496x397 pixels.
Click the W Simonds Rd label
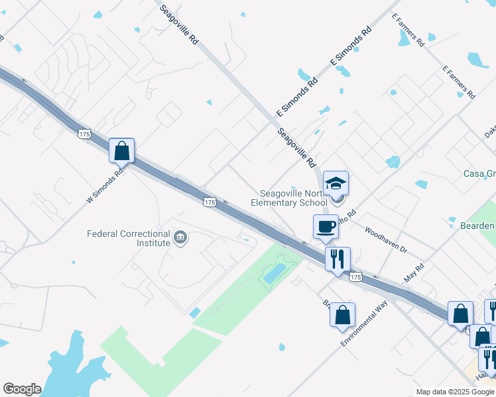pyautogui.click(x=105, y=187)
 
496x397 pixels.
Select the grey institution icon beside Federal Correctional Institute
pyautogui.click(x=179, y=236)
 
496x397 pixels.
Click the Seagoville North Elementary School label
pyautogui.click(x=290, y=198)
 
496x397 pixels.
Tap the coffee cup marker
pyautogui.click(x=326, y=226)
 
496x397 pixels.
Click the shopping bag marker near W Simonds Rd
pyautogui.click(x=122, y=151)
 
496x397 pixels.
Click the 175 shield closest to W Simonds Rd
pyautogui.click(x=84, y=134)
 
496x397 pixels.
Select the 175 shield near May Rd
pyautogui.click(x=355, y=277)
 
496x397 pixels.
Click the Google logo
pyautogui.click(x=22, y=389)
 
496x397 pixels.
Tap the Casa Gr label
pyautogui.click(x=479, y=174)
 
